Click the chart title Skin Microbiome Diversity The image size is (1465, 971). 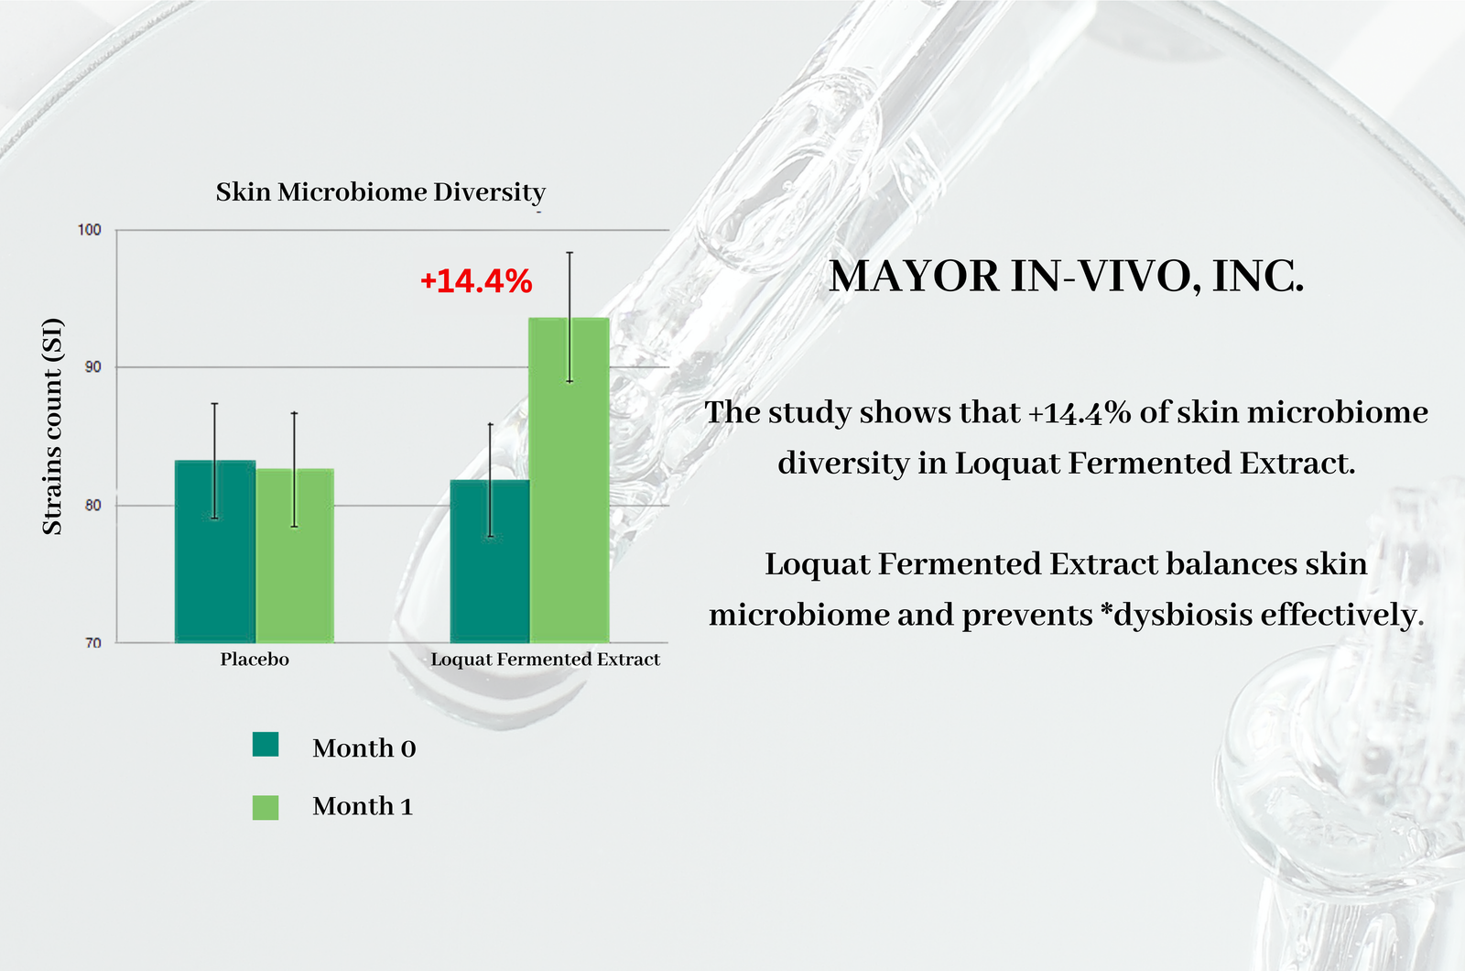(380, 192)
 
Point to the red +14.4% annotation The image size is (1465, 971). (476, 281)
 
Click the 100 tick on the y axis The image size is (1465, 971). (90, 230)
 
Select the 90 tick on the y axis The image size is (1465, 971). (92, 367)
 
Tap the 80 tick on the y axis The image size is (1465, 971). (92, 506)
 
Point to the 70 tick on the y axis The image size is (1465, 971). (92, 643)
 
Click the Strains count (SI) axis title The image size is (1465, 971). (52, 426)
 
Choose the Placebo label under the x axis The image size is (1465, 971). (255, 660)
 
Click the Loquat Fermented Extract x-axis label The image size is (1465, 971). (545, 660)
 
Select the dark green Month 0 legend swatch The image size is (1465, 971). (266, 744)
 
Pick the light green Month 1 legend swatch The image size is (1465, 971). (266, 807)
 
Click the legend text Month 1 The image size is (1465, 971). (363, 806)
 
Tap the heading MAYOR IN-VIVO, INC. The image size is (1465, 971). (1066, 277)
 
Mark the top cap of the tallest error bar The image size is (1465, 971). (570, 253)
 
